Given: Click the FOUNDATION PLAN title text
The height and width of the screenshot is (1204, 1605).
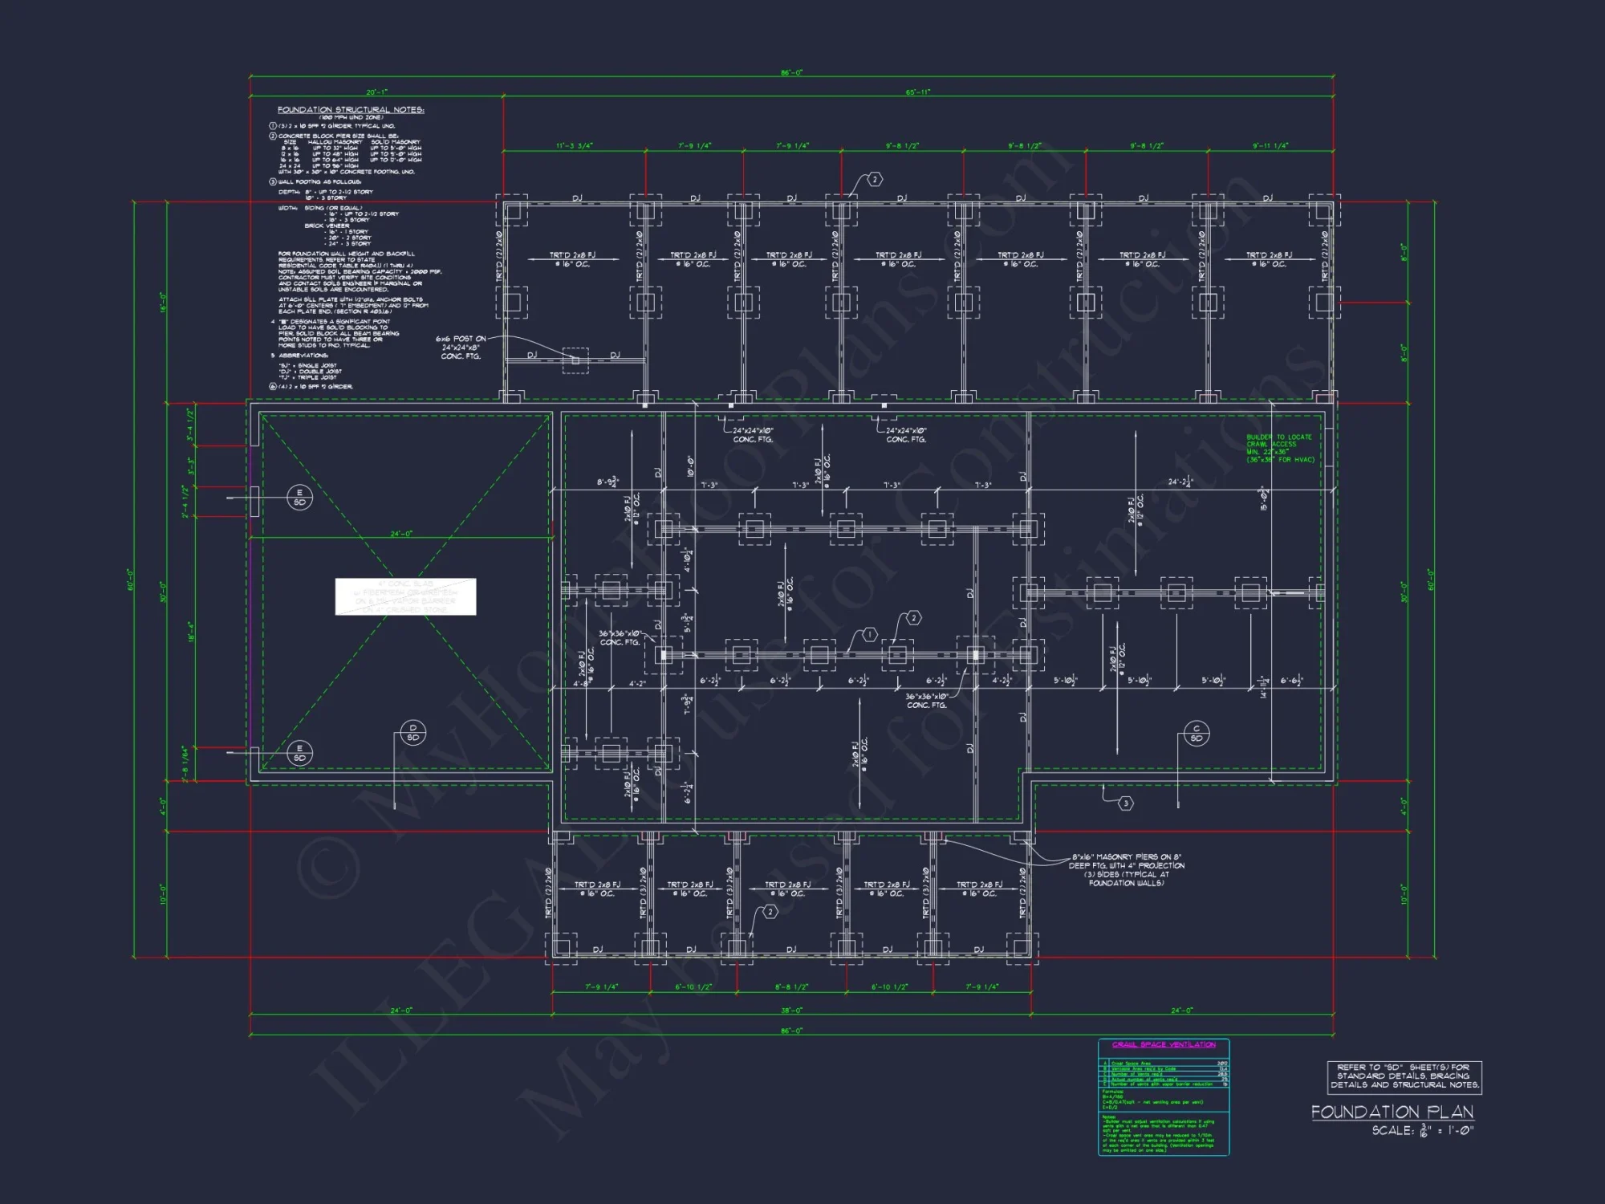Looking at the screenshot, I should click(1392, 1112).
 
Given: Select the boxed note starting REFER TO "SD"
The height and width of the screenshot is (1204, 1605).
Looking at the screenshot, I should click(1404, 1076).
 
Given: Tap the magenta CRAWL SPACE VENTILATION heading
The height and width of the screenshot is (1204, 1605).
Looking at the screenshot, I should click(1164, 1044).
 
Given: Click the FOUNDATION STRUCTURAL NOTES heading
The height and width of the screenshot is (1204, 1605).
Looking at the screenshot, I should click(351, 110).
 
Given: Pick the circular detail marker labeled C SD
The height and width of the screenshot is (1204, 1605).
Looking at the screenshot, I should click(1196, 734).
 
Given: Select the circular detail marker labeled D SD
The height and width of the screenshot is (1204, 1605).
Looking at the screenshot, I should click(412, 733).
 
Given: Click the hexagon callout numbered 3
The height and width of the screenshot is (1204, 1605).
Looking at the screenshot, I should click(1126, 803).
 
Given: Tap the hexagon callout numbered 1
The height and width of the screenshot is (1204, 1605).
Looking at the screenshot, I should click(870, 635).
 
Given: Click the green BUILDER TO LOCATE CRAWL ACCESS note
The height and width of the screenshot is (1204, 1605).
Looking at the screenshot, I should click(1280, 449).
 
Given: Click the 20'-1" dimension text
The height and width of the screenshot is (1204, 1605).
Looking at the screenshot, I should click(376, 92).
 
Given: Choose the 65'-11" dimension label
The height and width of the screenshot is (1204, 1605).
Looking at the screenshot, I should click(918, 92).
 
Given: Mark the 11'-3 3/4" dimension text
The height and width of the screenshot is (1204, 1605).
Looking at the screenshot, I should click(575, 146).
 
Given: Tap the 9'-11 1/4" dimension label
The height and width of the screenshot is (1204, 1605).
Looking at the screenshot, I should click(1270, 146).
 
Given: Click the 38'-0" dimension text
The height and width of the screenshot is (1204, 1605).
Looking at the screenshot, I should click(791, 1011).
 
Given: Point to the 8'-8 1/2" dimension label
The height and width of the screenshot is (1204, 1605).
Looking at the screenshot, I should click(791, 987).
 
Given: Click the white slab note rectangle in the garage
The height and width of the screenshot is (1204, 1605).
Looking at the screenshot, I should click(405, 596).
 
